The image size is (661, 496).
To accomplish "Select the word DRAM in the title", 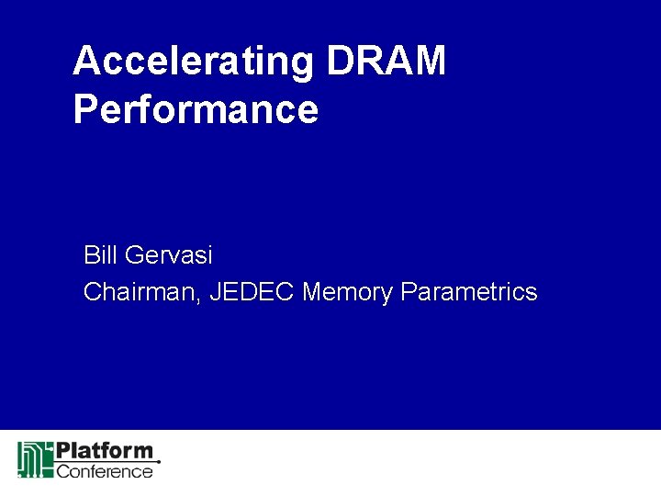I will (x=386, y=61).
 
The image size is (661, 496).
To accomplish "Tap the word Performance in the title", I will (x=196, y=109).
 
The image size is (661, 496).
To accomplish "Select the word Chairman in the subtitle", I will (x=141, y=292).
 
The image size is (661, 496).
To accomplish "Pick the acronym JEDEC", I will (x=252, y=292).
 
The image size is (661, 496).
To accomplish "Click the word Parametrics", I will (x=469, y=292).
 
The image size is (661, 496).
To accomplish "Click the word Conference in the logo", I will (x=105, y=471).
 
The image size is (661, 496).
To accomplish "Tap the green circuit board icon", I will (x=35, y=459).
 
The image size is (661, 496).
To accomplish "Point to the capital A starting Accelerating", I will (x=85, y=61).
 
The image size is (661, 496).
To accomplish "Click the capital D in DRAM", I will (x=337, y=61).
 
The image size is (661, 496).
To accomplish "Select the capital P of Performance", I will (x=84, y=109).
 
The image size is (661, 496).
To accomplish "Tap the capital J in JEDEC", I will (x=216, y=292).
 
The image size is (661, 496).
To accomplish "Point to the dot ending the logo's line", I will (x=159, y=461).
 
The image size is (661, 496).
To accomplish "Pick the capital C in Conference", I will (x=63, y=471).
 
